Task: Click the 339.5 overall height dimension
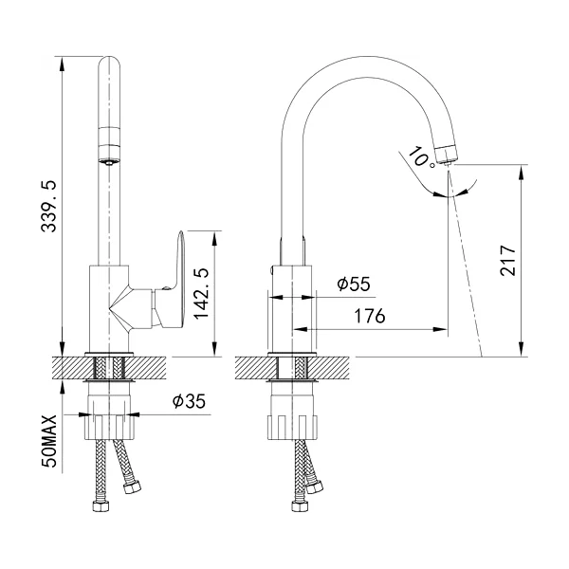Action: click(48, 206)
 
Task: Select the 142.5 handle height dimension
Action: click(201, 294)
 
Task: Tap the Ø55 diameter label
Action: click(354, 284)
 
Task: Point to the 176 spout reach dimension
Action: click(370, 316)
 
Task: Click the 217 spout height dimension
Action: click(507, 261)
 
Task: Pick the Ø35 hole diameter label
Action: click(189, 401)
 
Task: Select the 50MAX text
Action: click(49, 441)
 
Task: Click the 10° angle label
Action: click(420, 157)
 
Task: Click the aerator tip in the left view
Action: click(109, 162)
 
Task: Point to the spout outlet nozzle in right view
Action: click(446, 155)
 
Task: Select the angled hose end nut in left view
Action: click(132, 486)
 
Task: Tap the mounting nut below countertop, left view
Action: click(109, 428)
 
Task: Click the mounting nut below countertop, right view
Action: click(292, 428)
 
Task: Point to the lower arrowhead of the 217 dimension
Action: click(522, 349)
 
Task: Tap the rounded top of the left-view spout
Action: click(109, 63)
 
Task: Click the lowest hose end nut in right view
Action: click(299, 506)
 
